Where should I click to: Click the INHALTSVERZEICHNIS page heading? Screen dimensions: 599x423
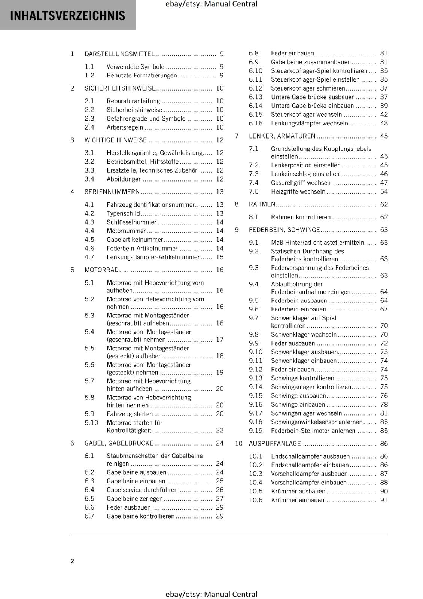point(68,16)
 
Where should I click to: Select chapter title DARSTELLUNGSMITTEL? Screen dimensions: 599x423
point(119,54)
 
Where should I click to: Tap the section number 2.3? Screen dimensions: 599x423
point(89,119)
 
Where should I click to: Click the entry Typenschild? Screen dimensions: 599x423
point(123,213)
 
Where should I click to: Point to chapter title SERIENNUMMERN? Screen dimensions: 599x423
point(112,192)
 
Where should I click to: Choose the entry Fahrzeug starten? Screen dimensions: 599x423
point(130,414)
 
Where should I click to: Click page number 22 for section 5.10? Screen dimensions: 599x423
point(220,431)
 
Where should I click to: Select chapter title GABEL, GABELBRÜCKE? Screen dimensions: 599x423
point(119,443)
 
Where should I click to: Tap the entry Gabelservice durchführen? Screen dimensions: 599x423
point(142,490)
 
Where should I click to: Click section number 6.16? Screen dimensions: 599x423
point(256,124)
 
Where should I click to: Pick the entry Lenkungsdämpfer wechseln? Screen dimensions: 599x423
point(310,124)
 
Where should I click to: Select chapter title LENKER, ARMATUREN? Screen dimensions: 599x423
point(282,136)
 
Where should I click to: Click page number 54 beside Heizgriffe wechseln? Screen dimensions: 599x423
point(384,192)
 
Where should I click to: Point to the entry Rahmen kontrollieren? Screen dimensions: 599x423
point(301,217)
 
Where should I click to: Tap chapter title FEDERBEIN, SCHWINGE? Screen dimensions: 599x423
point(284,230)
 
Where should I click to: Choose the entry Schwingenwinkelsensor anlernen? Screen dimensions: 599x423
point(317,422)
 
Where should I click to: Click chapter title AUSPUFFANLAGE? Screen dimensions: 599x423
point(275,444)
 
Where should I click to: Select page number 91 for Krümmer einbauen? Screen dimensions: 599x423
point(384,500)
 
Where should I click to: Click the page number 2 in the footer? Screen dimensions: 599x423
point(72,561)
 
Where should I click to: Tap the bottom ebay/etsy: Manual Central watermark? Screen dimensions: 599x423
point(211,594)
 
